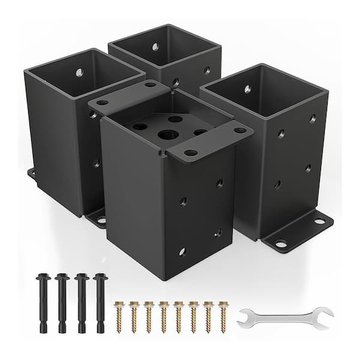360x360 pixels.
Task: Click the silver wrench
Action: click(x=284, y=317)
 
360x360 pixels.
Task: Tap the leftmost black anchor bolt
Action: click(x=44, y=302)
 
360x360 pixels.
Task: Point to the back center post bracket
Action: click(x=164, y=54)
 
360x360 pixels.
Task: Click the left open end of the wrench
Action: click(x=245, y=319)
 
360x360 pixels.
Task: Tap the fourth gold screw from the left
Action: click(x=164, y=316)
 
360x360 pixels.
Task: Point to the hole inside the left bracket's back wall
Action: click(x=80, y=73)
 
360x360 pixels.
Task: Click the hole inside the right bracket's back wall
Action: click(x=247, y=89)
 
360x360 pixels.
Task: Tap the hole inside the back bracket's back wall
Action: click(x=155, y=47)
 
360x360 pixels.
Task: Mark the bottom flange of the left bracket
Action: click(x=96, y=218)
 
